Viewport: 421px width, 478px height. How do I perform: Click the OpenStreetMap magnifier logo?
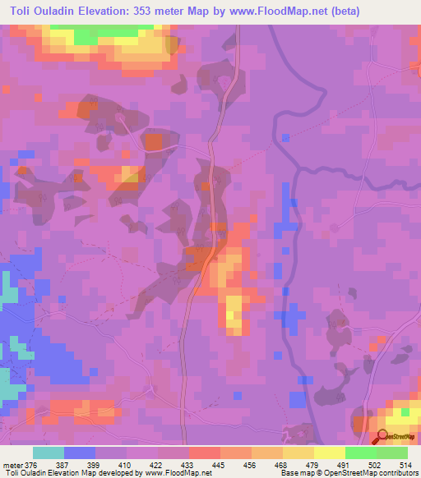coord(382,436)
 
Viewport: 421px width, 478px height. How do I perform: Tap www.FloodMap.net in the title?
coord(280,12)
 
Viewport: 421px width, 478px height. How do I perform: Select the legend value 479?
coord(313,465)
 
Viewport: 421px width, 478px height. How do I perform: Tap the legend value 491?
coord(345,465)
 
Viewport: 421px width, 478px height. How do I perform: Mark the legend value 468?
coord(282,465)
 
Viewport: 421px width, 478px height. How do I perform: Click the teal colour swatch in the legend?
coord(49,453)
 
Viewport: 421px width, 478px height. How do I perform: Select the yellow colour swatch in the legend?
coord(328,453)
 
